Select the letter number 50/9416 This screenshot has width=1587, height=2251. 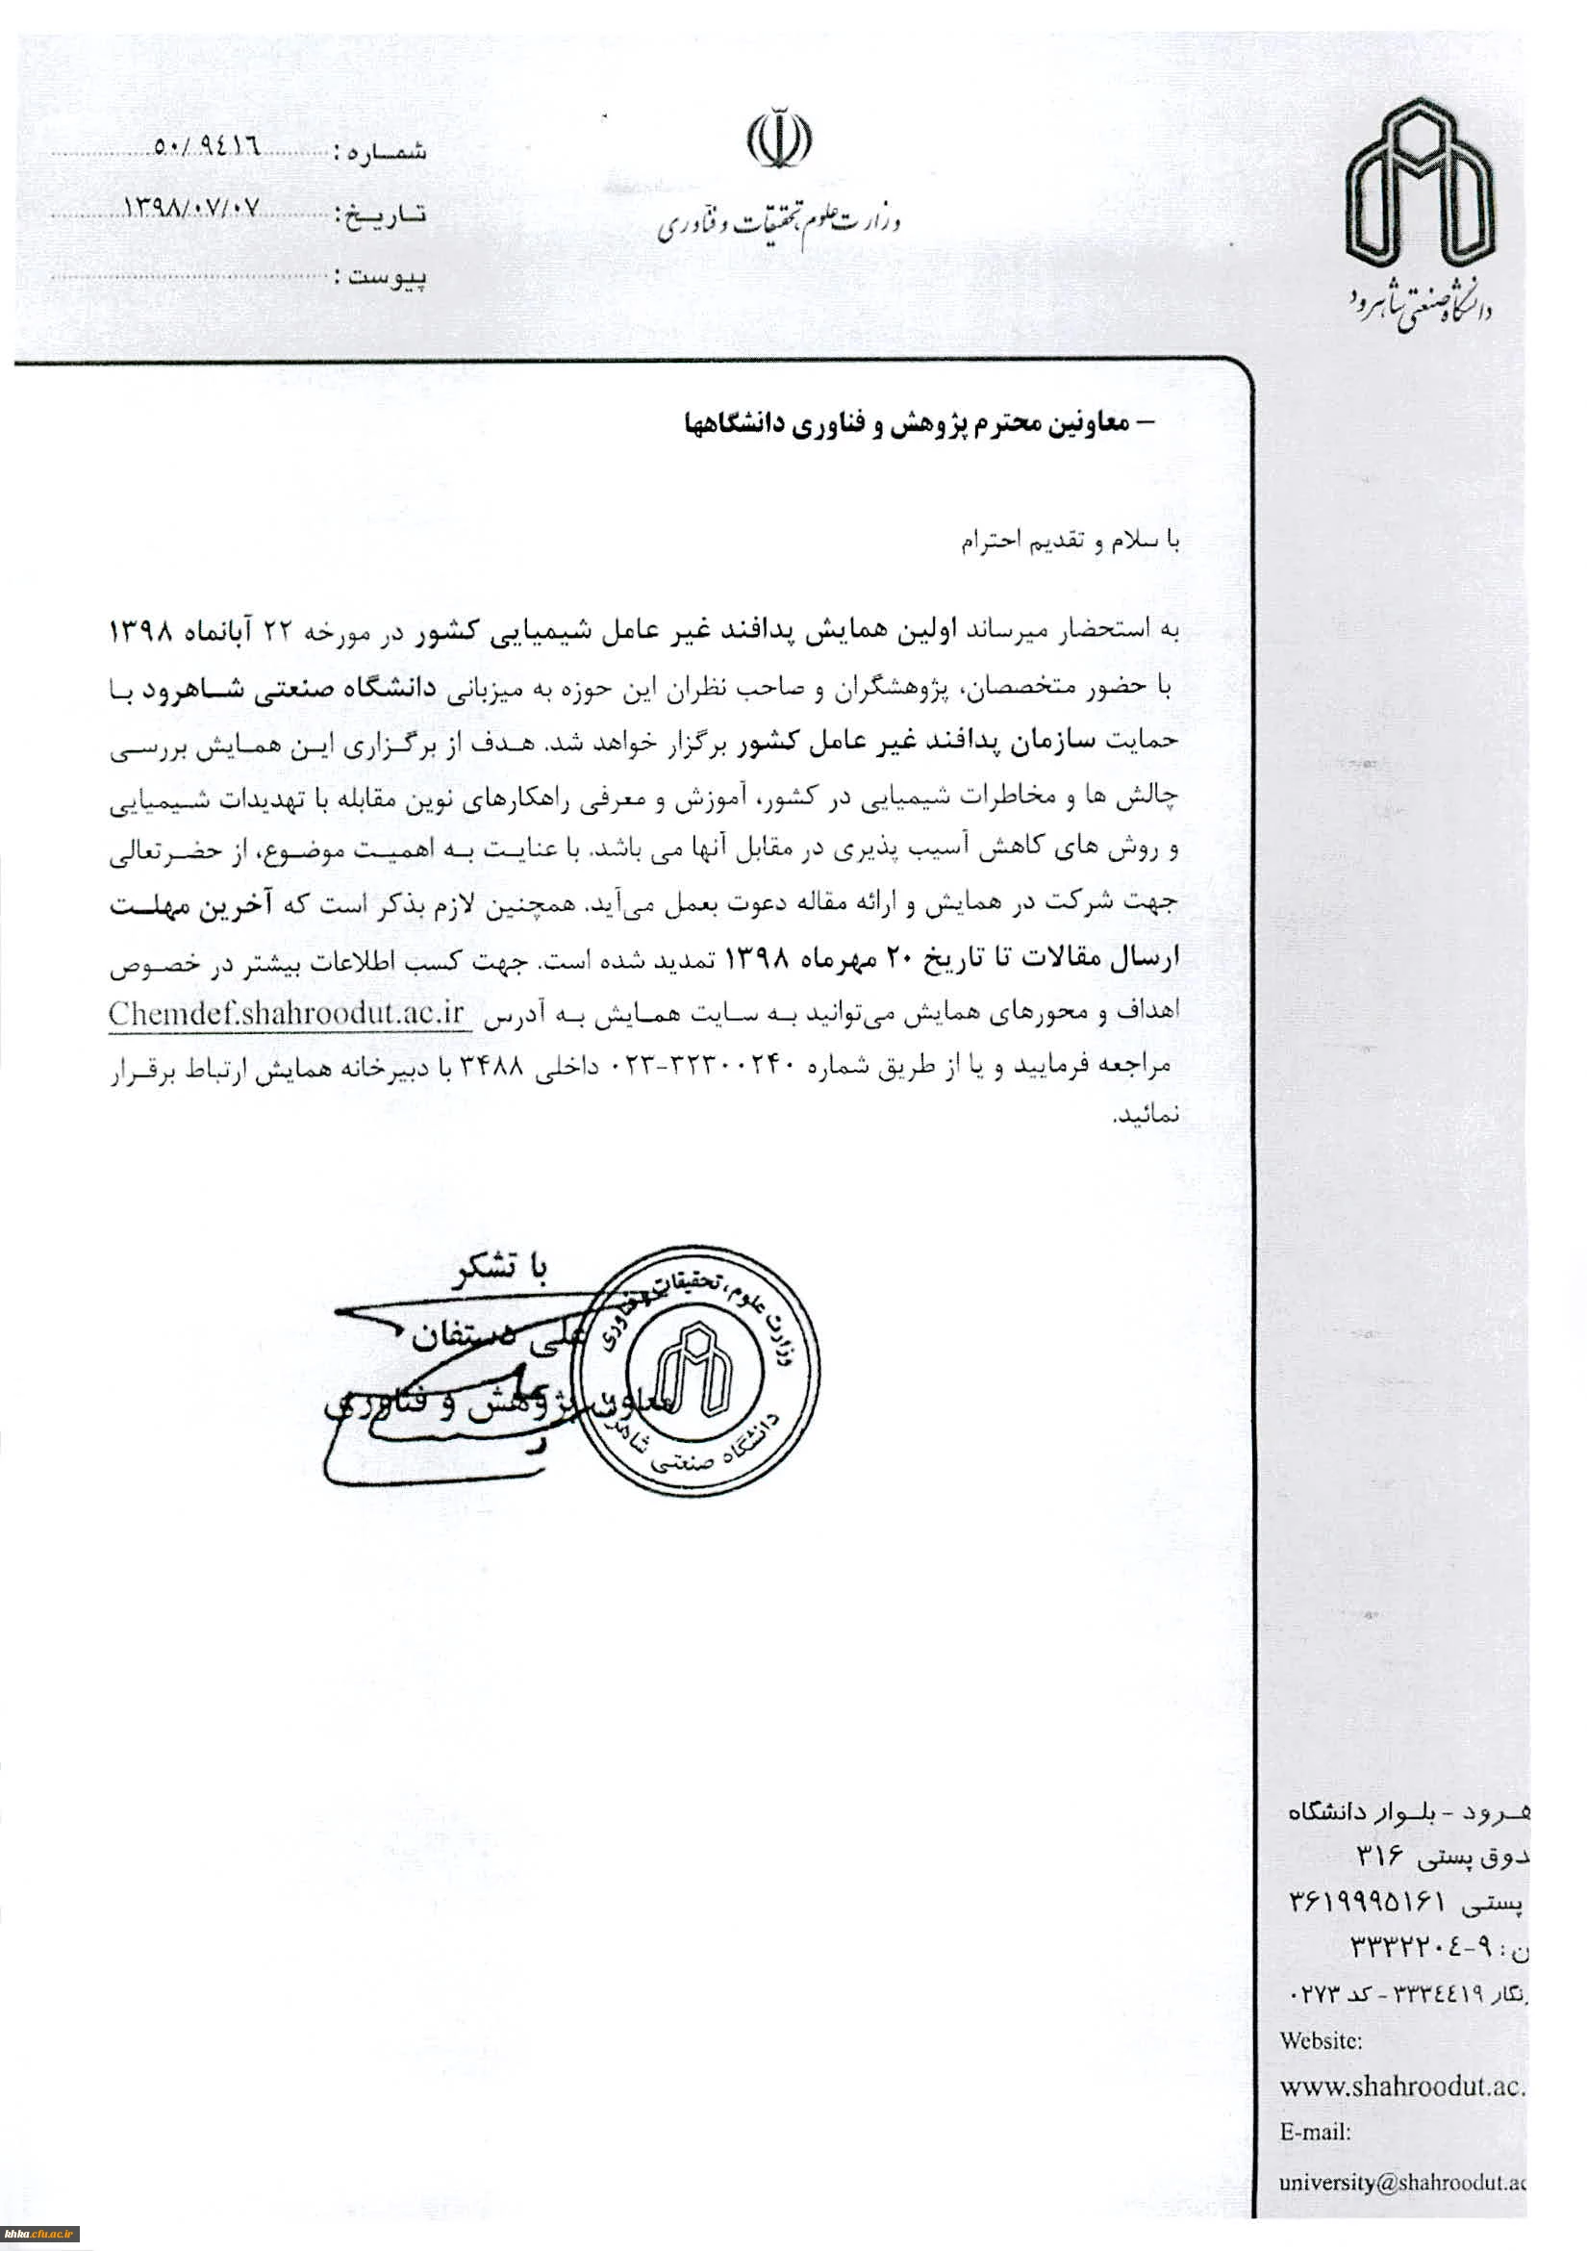tap(205, 148)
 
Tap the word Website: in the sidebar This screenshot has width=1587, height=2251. tap(1321, 2040)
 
